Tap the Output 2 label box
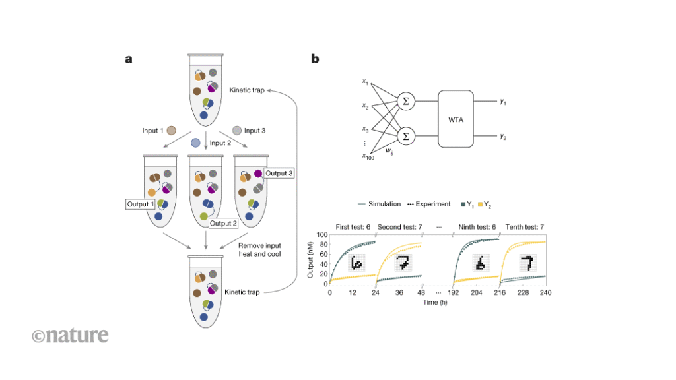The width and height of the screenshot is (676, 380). tap(222, 223)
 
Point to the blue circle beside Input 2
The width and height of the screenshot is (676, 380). tap(195, 142)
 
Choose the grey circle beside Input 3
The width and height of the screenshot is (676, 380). tap(236, 131)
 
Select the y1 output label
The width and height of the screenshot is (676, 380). tap(503, 102)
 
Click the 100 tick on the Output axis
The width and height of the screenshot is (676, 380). tap(323, 234)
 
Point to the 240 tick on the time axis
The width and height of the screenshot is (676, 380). tap(545, 292)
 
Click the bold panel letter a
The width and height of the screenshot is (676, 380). tap(129, 59)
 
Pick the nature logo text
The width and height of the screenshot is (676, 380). tap(69, 335)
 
